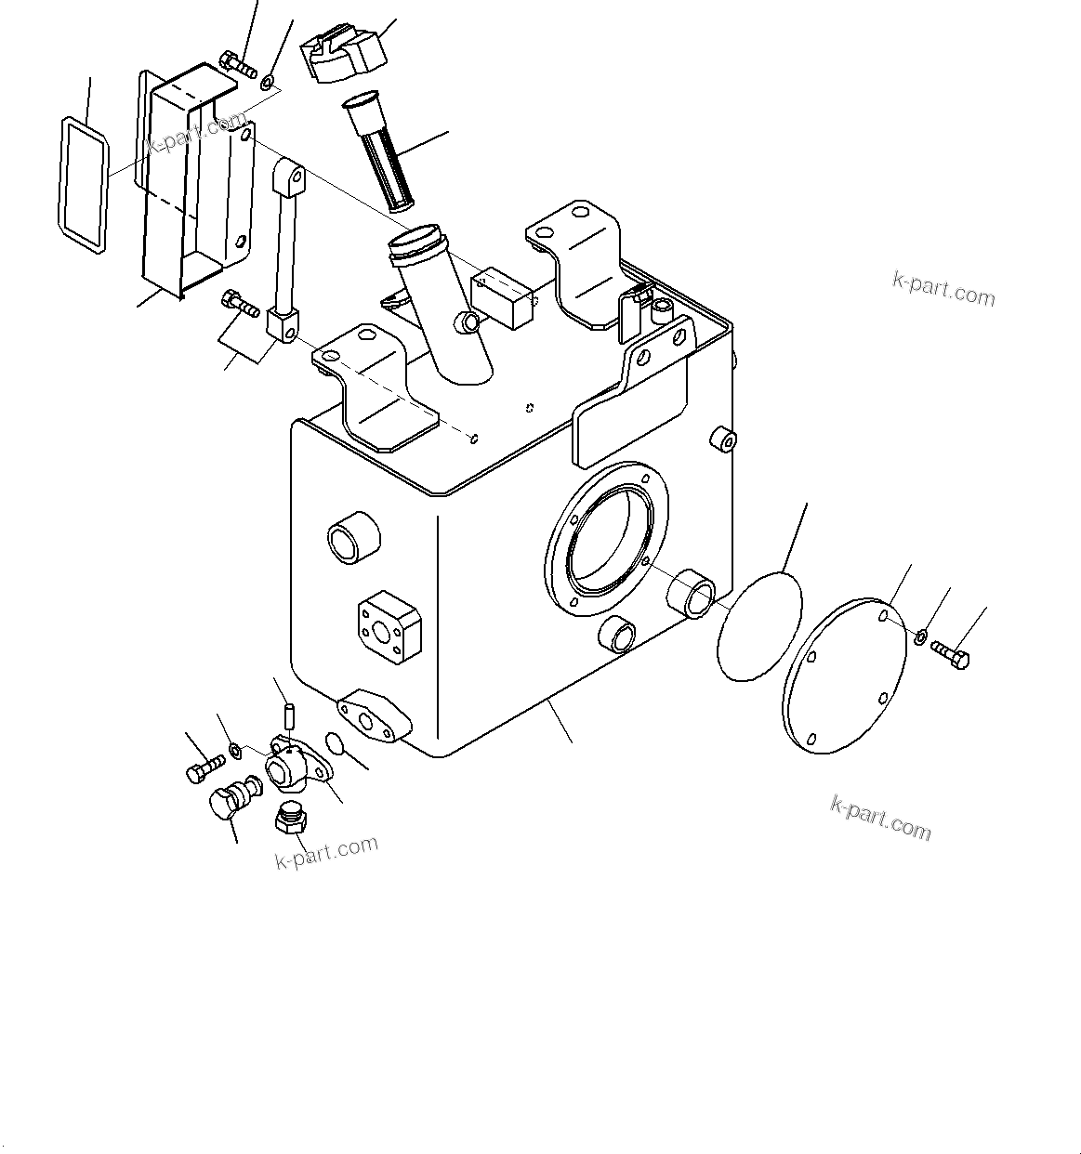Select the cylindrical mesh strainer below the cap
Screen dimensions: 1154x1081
pos(381,153)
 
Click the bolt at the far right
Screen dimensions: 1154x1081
pos(950,653)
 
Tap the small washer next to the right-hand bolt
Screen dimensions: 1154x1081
pos(919,637)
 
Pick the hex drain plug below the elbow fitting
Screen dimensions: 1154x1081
pos(292,819)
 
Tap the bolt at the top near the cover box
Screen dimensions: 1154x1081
pos(239,66)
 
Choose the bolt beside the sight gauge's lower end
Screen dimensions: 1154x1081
pos(241,303)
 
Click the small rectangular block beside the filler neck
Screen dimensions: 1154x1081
pos(505,297)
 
